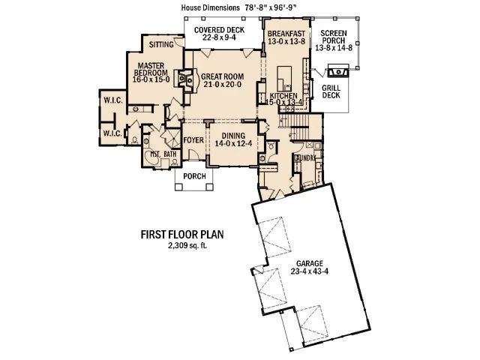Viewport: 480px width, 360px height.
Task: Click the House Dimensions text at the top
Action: pyautogui.click(x=240, y=6)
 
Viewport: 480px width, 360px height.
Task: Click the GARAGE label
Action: pyautogui.click(x=309, y=264)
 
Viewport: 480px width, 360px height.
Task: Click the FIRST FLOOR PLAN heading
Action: pyautogui.click(x=182, y=233)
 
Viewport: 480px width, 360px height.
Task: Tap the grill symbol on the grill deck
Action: pyautogui.click(x=337, y=72)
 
